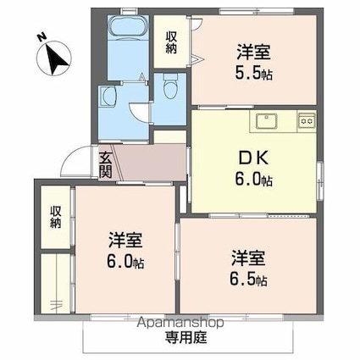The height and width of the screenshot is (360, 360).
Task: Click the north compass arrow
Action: (x=57, y=58)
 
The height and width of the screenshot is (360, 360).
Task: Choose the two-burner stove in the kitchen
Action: (x=306, y=122)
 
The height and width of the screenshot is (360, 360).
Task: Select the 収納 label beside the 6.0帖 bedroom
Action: (x=56, y=217)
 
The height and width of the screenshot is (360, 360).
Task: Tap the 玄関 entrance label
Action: (x=106, y=163)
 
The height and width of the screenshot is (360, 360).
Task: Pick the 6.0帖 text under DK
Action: (x=254, y=179)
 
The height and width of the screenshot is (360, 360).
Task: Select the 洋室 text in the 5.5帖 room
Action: (x=253, y=51)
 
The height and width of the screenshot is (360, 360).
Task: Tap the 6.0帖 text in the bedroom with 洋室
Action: (x=125, y=262)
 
